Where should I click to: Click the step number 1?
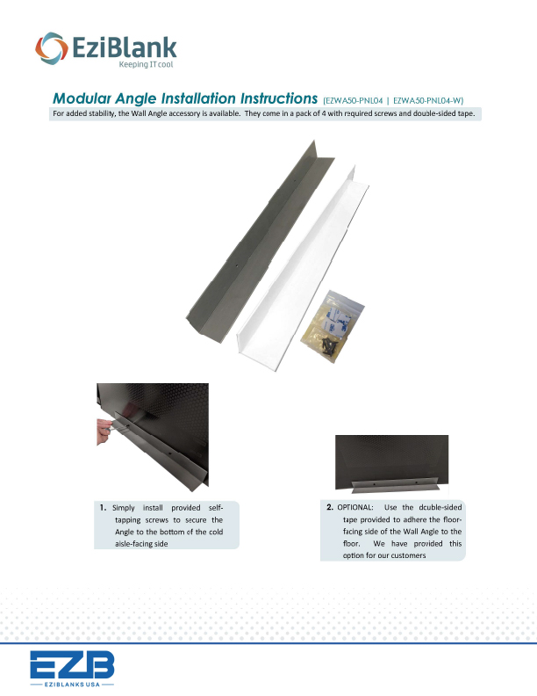pos(103,507)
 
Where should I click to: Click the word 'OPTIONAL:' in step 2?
pos(355,508)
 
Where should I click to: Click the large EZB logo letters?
pos(71,664)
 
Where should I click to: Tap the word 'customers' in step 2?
pos(404,557)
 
